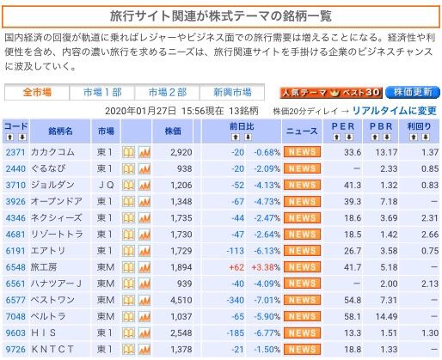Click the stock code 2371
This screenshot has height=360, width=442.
pos(15,152)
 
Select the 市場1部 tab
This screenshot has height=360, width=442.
pos(102,92)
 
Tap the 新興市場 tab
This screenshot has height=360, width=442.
pos(232,92)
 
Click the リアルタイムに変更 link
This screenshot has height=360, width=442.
pos(394,111)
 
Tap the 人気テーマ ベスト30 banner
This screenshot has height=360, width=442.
pos(331,93)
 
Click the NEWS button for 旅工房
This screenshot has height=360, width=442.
pos(302,267)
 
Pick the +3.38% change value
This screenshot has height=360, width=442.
pos(266,267)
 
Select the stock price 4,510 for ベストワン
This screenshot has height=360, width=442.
pos(181,300)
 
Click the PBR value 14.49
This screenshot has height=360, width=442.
pos(386,317)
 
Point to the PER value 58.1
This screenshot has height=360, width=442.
pos(353,317)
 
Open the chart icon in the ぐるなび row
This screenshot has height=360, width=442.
pos(144,168)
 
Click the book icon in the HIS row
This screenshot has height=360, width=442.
pos(128,333)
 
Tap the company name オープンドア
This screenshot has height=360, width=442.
pos(57,201)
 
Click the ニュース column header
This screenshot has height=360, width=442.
pos(302,131)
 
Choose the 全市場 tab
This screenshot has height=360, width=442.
pos(37,92)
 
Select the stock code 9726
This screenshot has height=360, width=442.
pos(15,350)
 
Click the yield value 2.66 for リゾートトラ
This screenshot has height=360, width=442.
pos(430,235)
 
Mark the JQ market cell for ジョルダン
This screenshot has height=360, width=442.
pos(106,185)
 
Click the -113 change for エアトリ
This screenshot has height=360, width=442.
pos(235,251)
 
